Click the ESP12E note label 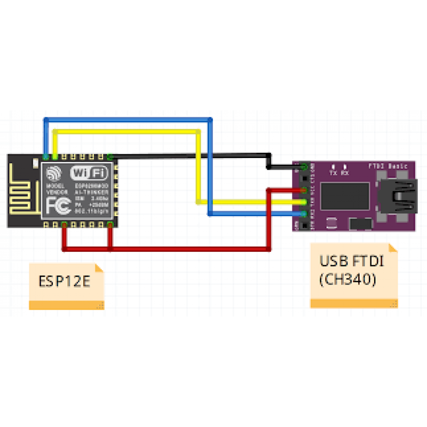coord(64,281)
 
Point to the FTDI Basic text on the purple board coord(389,166)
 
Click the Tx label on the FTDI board coord(333,173)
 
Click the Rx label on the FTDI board coord(345,173)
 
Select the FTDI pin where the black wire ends coord(304,166)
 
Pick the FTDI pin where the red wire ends coord(304,190)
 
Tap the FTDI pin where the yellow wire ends coord(304,202)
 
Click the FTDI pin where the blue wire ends coord(304,214)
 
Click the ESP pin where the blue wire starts coord(46,157)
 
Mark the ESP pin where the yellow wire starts coord(55,157)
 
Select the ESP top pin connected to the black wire coord(110,157)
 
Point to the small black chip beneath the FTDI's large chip coord(330,222)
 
